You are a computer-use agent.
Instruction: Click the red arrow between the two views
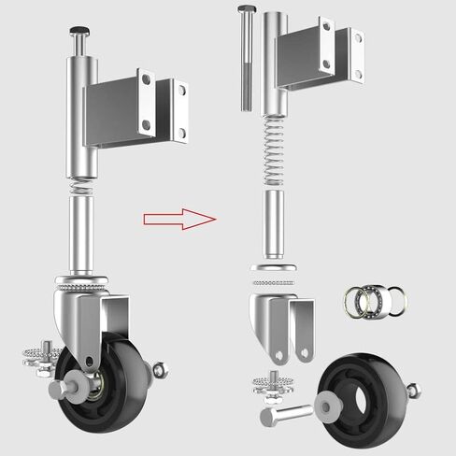coord(178,219)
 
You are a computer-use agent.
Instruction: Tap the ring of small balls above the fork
coord(277,280)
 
